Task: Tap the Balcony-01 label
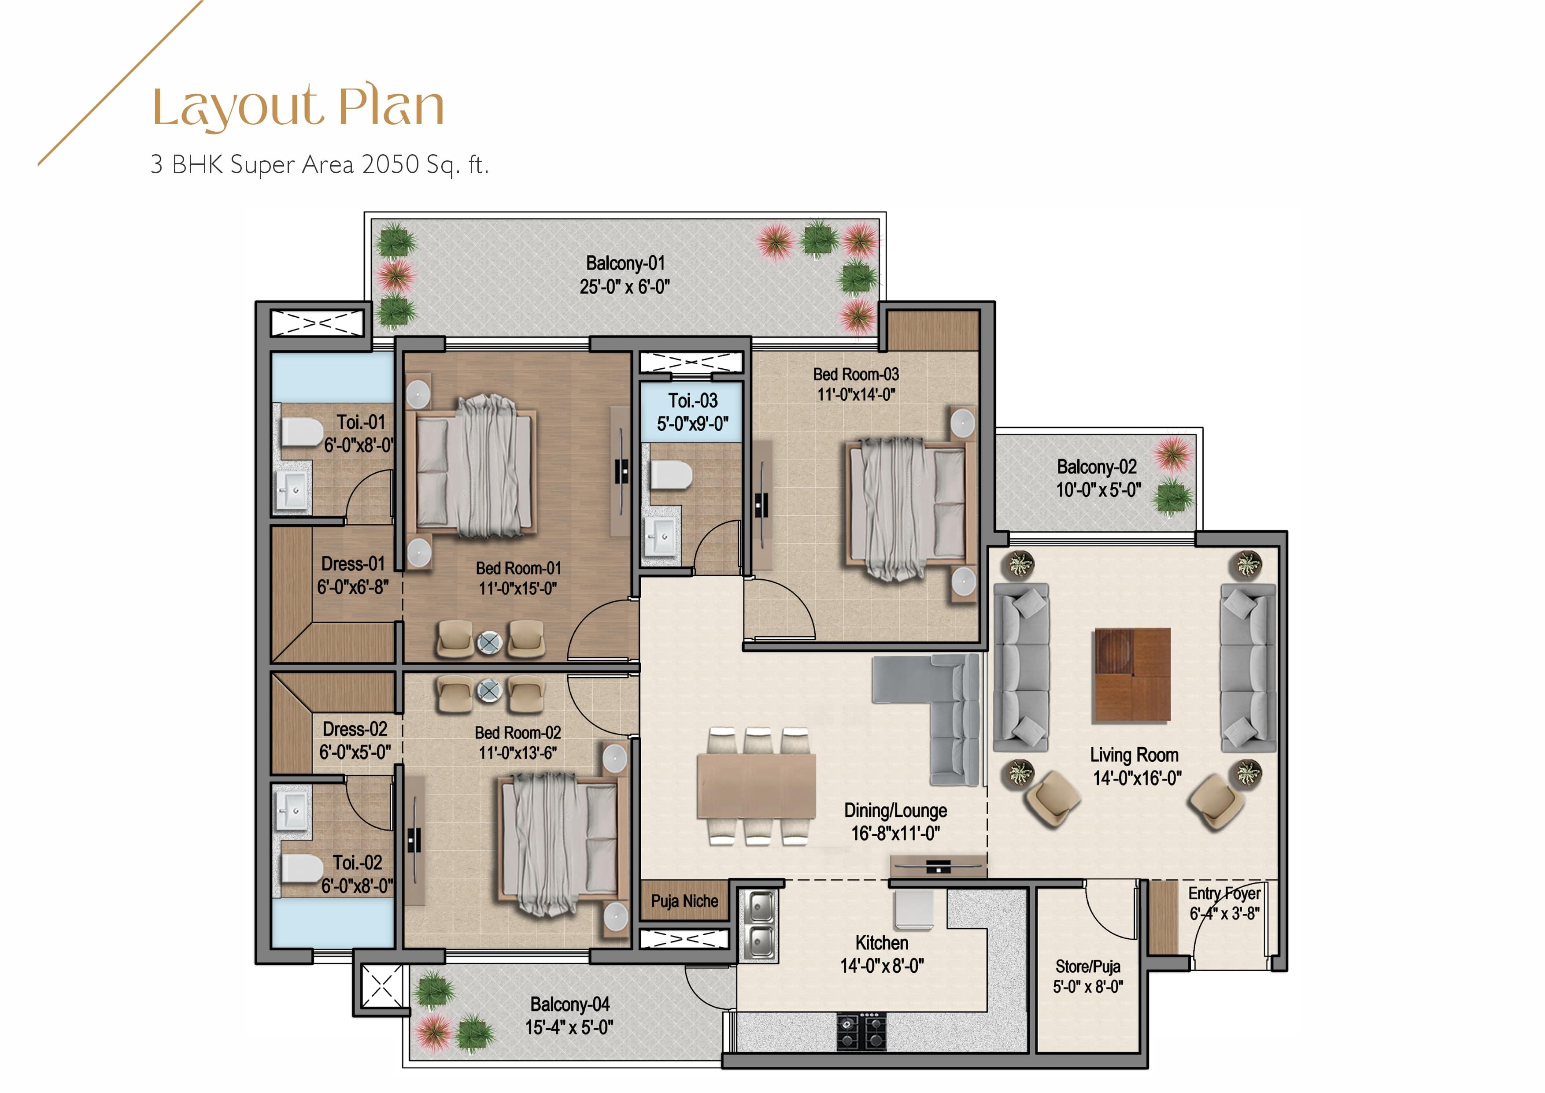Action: pos(625,263)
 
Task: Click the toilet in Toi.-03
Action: pos(671,474)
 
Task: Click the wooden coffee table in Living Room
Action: pos(1132,675)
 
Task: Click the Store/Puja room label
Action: pos(1088,967)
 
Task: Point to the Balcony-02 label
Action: pos(1097,467)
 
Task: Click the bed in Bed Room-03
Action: pos(909,508)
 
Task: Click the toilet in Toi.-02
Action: pos(301,869)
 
